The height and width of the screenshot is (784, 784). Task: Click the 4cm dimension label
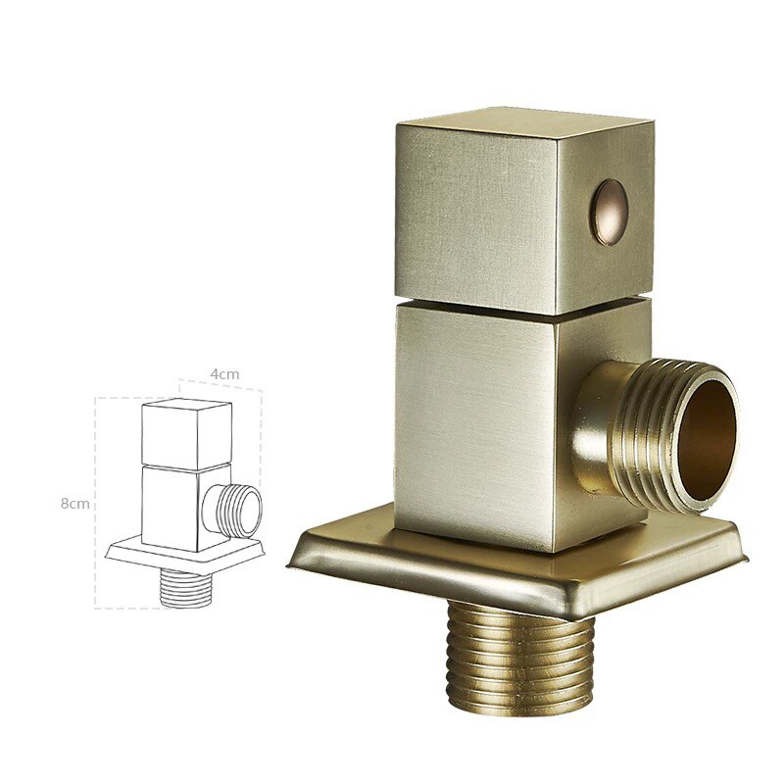coord(224,373)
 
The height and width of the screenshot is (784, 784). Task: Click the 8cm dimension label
coord(74,503)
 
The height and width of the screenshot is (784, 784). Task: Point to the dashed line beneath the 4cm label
coord(220,386)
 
